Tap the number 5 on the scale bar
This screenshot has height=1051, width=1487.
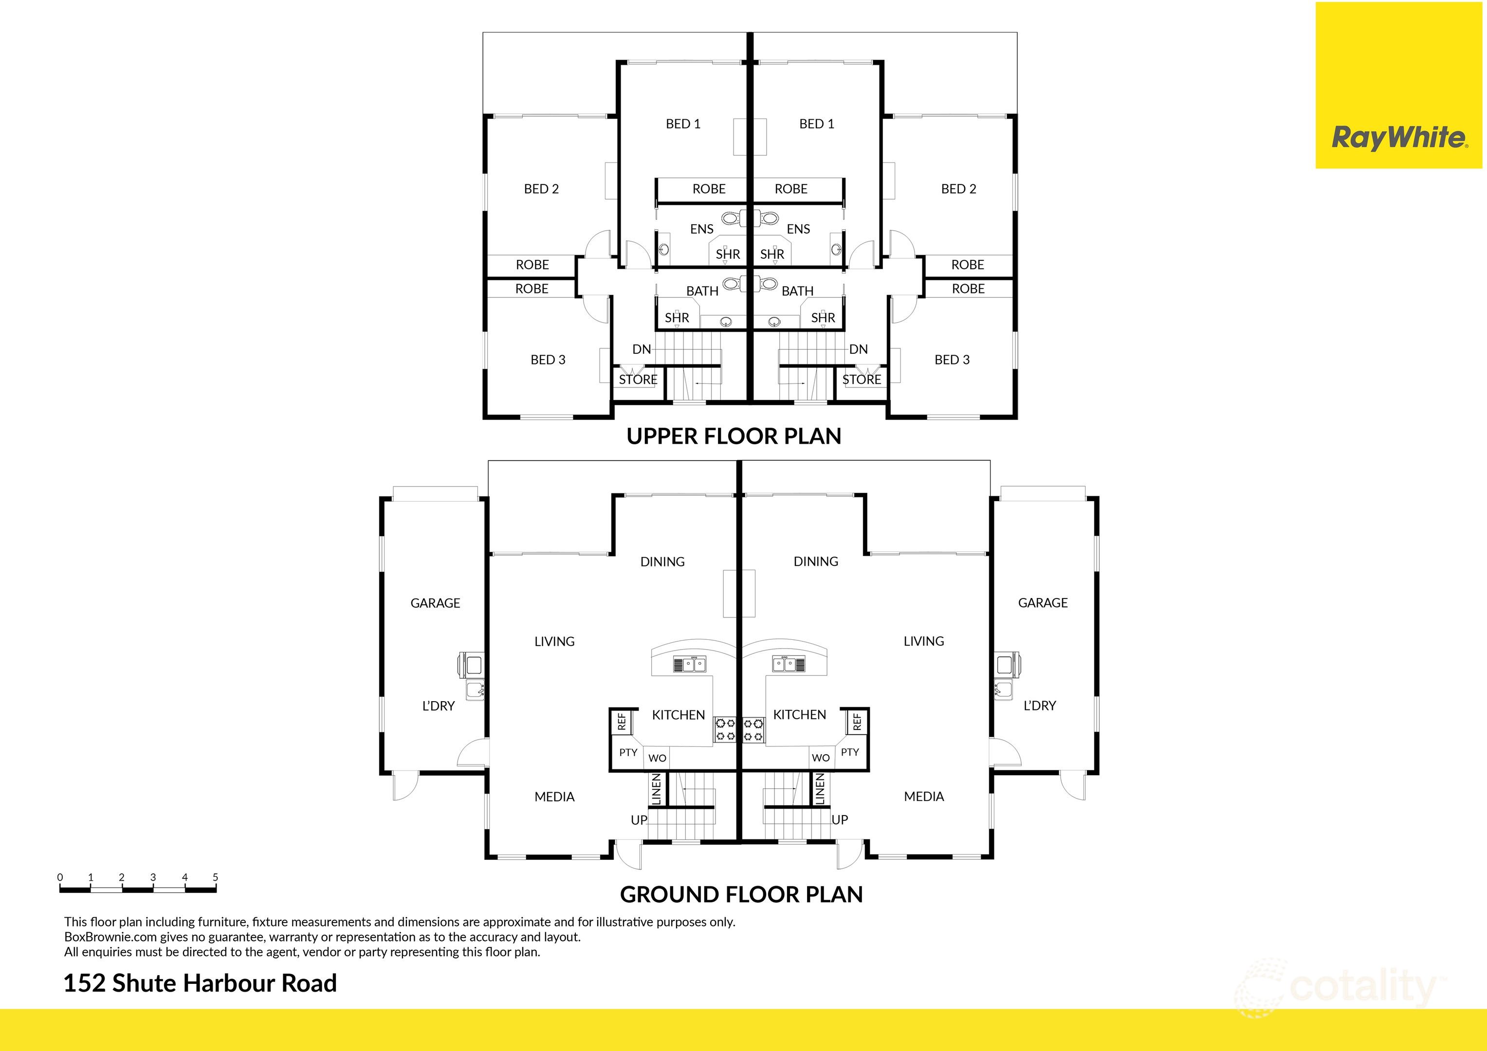pos(215,877)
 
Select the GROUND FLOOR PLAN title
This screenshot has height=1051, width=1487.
pos(741,894)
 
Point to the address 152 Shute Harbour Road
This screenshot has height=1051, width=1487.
pos(200,983)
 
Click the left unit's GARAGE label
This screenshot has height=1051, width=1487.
pos(435,603)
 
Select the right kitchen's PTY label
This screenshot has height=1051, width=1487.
pos(850,752)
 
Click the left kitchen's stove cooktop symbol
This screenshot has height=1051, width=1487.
pos(725,729)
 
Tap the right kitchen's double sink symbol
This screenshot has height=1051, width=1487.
pos(789,664)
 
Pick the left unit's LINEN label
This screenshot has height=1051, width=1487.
pos(656,789)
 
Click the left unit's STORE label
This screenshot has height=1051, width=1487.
pos(638,380)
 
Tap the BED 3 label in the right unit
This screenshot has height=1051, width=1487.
pos(952,360)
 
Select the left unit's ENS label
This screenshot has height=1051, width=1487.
pos(701,229)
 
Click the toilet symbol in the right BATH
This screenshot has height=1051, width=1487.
pos(769,284)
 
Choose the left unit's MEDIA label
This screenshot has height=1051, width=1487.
pos(554,797)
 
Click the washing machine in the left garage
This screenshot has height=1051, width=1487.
pos(473,664)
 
